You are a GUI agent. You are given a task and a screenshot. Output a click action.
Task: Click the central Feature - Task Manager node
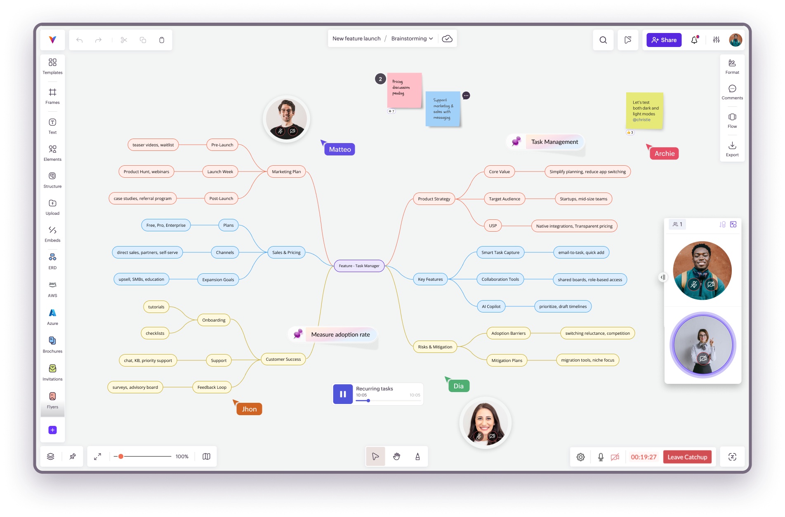coord(359,266)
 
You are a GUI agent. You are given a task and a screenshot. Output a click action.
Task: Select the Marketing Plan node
coord(286,172)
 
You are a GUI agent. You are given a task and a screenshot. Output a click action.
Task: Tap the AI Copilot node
coord(491,306)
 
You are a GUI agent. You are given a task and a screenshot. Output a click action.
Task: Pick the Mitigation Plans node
coord(507,360)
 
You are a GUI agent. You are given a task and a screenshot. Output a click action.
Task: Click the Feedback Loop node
coord(212,387)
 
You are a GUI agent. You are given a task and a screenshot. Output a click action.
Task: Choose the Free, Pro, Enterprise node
coord(166,225)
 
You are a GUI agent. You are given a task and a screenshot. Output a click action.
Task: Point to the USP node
coord(493,226)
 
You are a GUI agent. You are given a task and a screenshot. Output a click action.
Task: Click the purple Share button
coord(664,40)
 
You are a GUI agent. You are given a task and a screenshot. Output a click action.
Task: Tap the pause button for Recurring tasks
coord(343,394)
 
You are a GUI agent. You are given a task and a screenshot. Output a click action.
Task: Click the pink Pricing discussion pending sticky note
coord(404,90)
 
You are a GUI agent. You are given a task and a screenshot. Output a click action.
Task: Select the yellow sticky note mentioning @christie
coord(644,110)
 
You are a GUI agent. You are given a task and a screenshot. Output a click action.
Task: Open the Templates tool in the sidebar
coord(52,66)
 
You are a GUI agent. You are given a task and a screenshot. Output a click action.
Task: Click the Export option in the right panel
coord(732,149)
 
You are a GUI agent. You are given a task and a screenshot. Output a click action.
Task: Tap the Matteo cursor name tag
coord(340,149)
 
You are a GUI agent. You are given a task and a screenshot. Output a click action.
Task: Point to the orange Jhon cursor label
coord(249,409)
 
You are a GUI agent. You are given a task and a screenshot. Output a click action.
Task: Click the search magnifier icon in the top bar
coord(603,40)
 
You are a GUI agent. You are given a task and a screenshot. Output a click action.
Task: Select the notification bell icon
coord(694,40)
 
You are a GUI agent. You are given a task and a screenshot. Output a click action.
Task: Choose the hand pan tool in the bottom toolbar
coord(396,456)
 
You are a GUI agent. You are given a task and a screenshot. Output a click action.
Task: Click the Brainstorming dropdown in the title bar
coord(412,39)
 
